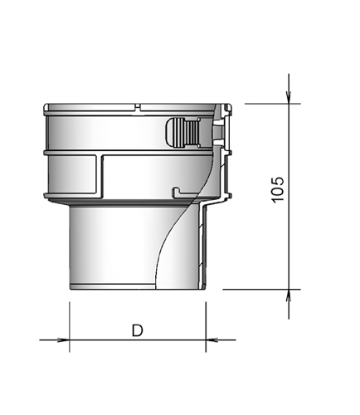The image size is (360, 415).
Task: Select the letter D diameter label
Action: click(x=137, y=330)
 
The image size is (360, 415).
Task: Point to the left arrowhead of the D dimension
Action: click(x=62, y=339)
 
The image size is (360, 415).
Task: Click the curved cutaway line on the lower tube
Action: click(x=170, y=241)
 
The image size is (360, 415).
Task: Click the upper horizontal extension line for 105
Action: click(x=257, y=104)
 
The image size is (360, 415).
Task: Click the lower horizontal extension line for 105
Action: click(x=257, y=289)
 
